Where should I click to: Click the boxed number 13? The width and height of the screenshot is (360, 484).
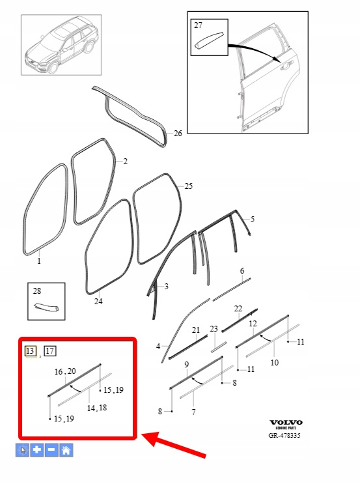(x=30, y=351)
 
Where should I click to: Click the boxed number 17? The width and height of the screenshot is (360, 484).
(x=50, y=351)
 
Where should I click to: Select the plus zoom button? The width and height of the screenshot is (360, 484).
(x=36, y=450)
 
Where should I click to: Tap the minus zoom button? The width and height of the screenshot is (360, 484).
(x=51, y=450)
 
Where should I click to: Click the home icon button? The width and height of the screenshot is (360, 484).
(x=66, y=450)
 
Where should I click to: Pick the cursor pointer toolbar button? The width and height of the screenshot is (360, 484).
(x=22, y=450)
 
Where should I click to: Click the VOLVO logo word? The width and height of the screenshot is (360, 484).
(x=286, y=423)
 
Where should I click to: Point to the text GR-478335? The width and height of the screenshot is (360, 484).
(x=284, y=436)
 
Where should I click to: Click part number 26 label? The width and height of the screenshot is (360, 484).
(x=178, y=134)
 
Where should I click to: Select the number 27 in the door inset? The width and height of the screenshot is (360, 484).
(x=198, y=25)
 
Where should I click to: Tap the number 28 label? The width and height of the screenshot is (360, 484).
(x=37, y=291)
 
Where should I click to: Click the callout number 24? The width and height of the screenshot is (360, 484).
(x=98, y=301)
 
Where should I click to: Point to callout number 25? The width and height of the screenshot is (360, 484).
(x=189, y=186)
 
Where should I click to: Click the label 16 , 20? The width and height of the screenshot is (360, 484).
(x=65, y=371)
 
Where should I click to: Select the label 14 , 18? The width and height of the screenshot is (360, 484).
(x=97, y=408)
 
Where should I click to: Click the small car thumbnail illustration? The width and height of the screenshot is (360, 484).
(x=61, y=45)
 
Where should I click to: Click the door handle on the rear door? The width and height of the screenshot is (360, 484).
(x=286, y=65)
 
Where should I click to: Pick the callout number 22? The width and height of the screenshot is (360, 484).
(x=238, y=309)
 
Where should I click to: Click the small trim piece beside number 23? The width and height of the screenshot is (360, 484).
(x=219, y=347)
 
